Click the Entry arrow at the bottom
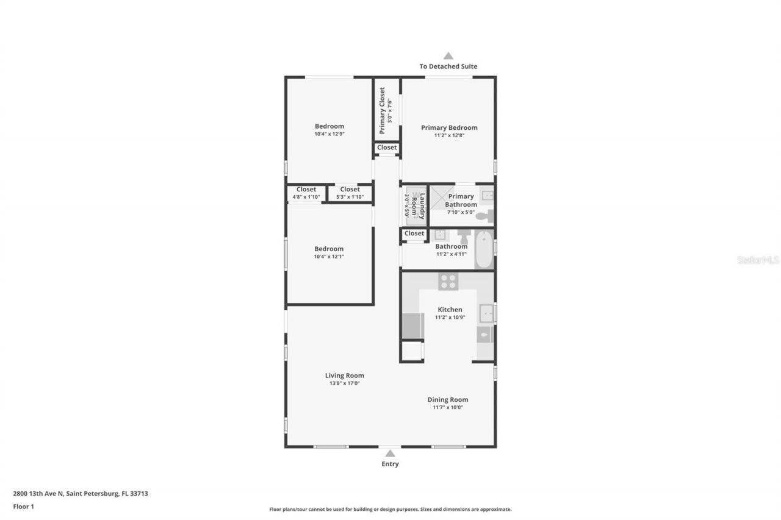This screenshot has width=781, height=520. click(x=390, y=453)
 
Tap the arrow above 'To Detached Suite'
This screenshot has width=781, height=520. click(x=448, y=56)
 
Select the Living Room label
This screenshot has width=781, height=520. click(x=344, y=376)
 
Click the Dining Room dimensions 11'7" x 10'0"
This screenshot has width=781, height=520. click(x=448, y=407)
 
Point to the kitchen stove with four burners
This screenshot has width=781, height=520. click(x=448, y=281)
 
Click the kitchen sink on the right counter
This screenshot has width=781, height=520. click(x=486, y=313)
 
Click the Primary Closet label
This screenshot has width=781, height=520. click(x=382, y=110)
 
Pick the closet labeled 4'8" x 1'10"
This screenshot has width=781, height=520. click(x=306, y=193)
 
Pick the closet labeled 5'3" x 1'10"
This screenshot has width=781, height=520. click(x=350, y=193)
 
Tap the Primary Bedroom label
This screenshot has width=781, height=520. click(x=449, y=127)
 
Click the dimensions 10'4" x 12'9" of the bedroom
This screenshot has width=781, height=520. click(x=329, y=134)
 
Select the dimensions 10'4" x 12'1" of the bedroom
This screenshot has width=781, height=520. click(x=329, y=257)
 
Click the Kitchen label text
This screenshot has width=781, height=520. click(x=450, y=310)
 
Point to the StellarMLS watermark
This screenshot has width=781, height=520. click(x=758, y=260)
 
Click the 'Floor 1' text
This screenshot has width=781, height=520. click(x=23, y=506)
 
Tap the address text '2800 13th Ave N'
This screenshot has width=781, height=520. click(x=38, y=494)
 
